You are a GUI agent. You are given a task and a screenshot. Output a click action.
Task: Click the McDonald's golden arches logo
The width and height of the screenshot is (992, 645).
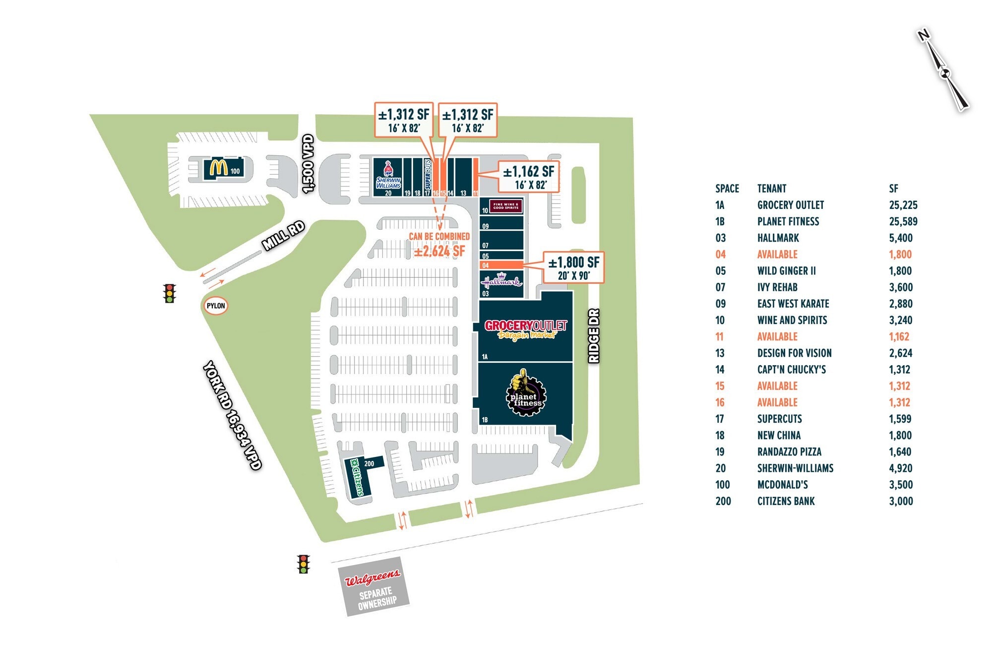(x=218, y=168)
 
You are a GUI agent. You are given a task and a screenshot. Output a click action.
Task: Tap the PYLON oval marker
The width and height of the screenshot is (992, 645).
(x=216, y=306)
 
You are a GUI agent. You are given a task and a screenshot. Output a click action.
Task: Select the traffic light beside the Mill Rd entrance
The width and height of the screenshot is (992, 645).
(x=170, y=293)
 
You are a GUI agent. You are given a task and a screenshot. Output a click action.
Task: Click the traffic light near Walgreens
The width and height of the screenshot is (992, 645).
(x=303, y=564)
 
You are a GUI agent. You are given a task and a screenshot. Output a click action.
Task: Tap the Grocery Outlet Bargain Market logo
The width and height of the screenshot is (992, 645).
(x=525, y=329)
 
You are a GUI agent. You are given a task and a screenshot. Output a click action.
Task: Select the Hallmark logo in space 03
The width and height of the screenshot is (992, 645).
(x=501, y=281)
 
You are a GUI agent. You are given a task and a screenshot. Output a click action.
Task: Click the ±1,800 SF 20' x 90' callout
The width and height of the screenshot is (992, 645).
(x=573, y=267)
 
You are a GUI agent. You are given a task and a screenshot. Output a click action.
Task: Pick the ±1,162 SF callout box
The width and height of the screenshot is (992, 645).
(x=528, y=177)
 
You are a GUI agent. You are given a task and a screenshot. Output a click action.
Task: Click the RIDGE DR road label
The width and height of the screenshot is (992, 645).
(x=594, y=336)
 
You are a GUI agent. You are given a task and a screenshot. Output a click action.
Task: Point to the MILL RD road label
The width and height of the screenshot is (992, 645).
(x=283, y=235)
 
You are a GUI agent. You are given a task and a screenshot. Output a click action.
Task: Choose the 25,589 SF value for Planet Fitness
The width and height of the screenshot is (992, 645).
(x=903, y=221)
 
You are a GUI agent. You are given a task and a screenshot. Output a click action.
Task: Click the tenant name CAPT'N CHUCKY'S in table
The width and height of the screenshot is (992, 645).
(x=791, y=369)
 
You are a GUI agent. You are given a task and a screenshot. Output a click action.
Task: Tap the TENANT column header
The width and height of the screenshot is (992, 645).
(x=771, y=189)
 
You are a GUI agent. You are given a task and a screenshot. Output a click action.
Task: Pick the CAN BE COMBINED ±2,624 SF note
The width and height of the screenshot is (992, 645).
(x=439, y=244)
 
